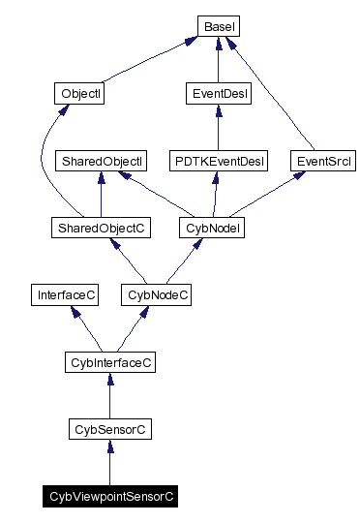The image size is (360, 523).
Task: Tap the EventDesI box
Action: click(218, 94)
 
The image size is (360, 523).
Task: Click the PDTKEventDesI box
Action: click(218, 161)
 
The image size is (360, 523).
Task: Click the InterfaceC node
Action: click(64, 294)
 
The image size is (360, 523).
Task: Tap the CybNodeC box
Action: click(155, 294)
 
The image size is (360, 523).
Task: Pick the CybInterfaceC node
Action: click(109, 362)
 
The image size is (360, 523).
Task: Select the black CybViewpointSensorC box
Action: click(109, 496)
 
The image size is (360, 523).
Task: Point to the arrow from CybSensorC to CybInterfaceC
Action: click(109, 396)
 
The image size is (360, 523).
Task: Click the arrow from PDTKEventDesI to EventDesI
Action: click(218, 128)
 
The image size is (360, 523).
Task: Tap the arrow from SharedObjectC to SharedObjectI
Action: click(101, 195)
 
